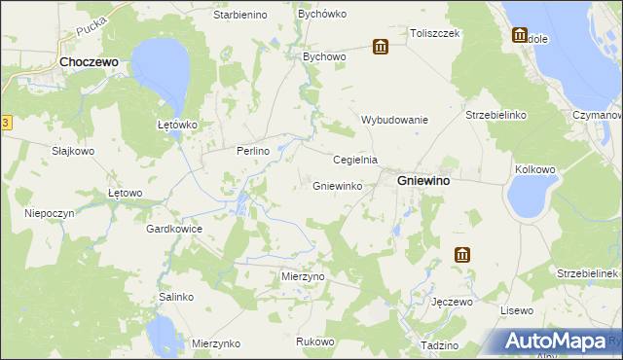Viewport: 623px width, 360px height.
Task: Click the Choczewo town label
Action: pyautogui.click(x=90, y=61)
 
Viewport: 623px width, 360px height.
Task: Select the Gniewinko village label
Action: pyautogui.click(x=338, y=185)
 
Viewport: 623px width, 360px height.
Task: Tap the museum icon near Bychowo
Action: pyautogui.click(x=380, y=47)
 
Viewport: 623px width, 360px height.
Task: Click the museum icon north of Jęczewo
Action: pyautogui.click(x=461, y=256)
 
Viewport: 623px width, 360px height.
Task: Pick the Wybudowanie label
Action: pyautogui.click(x=395, y=120)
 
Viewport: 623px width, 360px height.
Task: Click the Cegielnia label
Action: pyautogui.click(x=355, y=160)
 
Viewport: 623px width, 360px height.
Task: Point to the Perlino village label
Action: pyautogui.click(x=252, y=152)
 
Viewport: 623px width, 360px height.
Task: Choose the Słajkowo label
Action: pyautogui.click(x=73, y=152)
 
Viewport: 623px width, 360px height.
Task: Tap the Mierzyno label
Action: pyautogui.click(x=303, y=276)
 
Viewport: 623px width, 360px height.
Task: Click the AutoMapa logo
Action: pyautogui.click(x=556, y=341)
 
